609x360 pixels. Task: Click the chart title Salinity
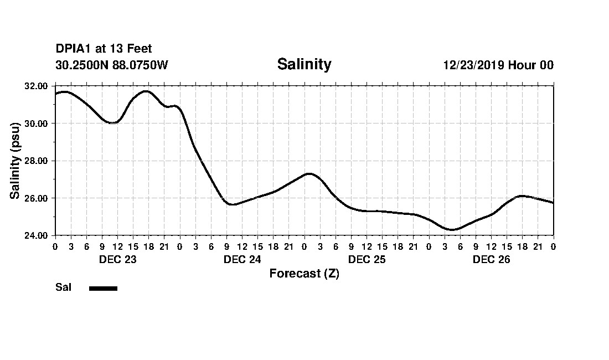click(304, 64)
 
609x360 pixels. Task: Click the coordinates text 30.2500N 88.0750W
click(112, 65)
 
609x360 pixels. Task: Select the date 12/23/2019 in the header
click(473, 65)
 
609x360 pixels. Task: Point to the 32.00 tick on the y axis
click(37, 86)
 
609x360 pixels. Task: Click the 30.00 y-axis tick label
click(37, 123)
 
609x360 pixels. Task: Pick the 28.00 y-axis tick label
click(37, 161)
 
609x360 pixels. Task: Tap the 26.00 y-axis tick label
click(37, 198)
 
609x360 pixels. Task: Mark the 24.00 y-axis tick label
click(37, 235)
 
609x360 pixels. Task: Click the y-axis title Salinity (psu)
click(15, 161)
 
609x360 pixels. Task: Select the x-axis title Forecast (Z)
click(304, 273)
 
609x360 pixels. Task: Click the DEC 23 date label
click(117, 259)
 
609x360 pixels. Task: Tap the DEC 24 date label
click(242, 259)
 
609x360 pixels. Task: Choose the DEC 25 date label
click(367, 259)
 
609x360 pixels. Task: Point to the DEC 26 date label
click(491, 259)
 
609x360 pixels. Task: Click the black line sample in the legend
click(104, 288)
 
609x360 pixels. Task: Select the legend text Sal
click(63, 287)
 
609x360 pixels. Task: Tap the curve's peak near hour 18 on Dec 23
click(146, 91)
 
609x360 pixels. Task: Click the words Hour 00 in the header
click(531, 65)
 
